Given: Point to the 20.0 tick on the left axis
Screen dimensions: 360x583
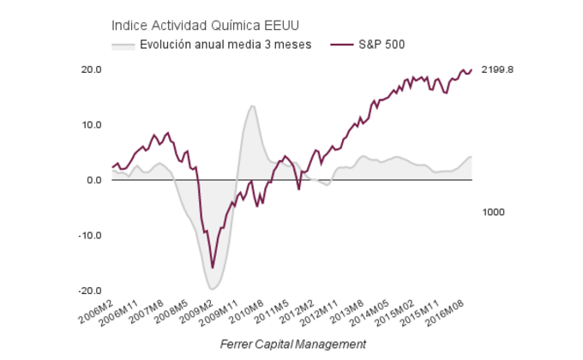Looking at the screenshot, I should coord(92,69).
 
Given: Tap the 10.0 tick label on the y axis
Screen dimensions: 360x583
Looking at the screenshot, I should coord(92,125).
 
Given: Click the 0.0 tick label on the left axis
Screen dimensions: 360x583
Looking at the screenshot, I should coord(94,181).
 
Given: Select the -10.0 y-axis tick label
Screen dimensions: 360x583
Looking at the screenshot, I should coord(90,236).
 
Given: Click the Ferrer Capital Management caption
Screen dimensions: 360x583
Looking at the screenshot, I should coord(292,344).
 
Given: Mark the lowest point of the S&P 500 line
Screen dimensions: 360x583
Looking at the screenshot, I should coord(213,268).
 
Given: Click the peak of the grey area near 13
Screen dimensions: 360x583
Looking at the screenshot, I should coord(252,106).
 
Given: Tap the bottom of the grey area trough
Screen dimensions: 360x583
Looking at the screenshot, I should coord(213,289).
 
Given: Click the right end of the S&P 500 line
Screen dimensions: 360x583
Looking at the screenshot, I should coord(472,70).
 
